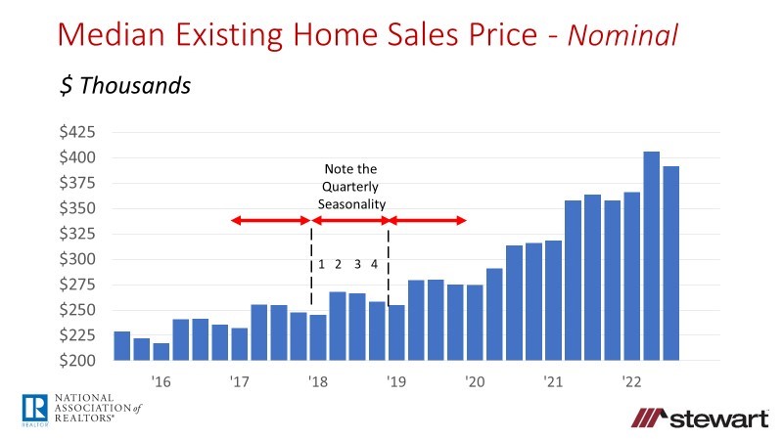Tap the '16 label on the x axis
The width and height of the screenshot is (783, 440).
pos(161,381)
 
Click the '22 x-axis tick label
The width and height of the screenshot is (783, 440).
pos(631,381)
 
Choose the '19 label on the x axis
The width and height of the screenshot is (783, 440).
pos(395,381)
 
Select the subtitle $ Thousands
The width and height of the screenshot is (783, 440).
pos(124,85)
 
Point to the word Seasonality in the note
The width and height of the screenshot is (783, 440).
pos(351,202)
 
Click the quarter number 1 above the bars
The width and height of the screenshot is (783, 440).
pos(321,264)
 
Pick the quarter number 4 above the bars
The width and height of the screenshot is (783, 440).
pos(374,264)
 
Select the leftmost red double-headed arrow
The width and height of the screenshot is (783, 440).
pos(269,221)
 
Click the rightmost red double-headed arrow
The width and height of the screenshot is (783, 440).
pos(429,221)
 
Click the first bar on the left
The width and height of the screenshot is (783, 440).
pos(122,346)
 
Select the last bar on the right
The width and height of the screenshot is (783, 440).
pos(670,264)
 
